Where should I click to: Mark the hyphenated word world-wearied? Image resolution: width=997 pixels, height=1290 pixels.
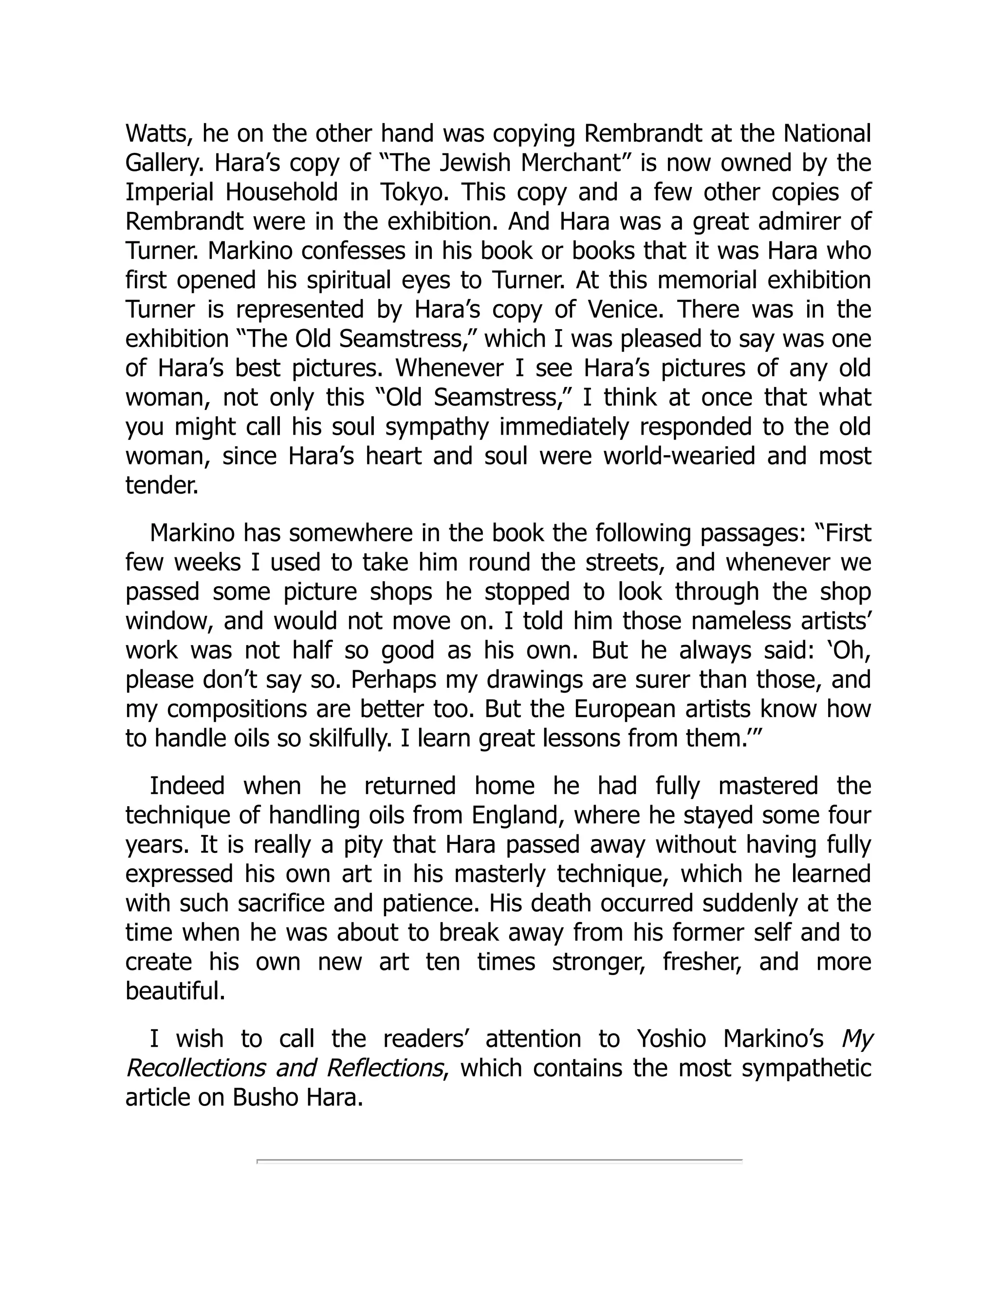[x=679, y=457]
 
